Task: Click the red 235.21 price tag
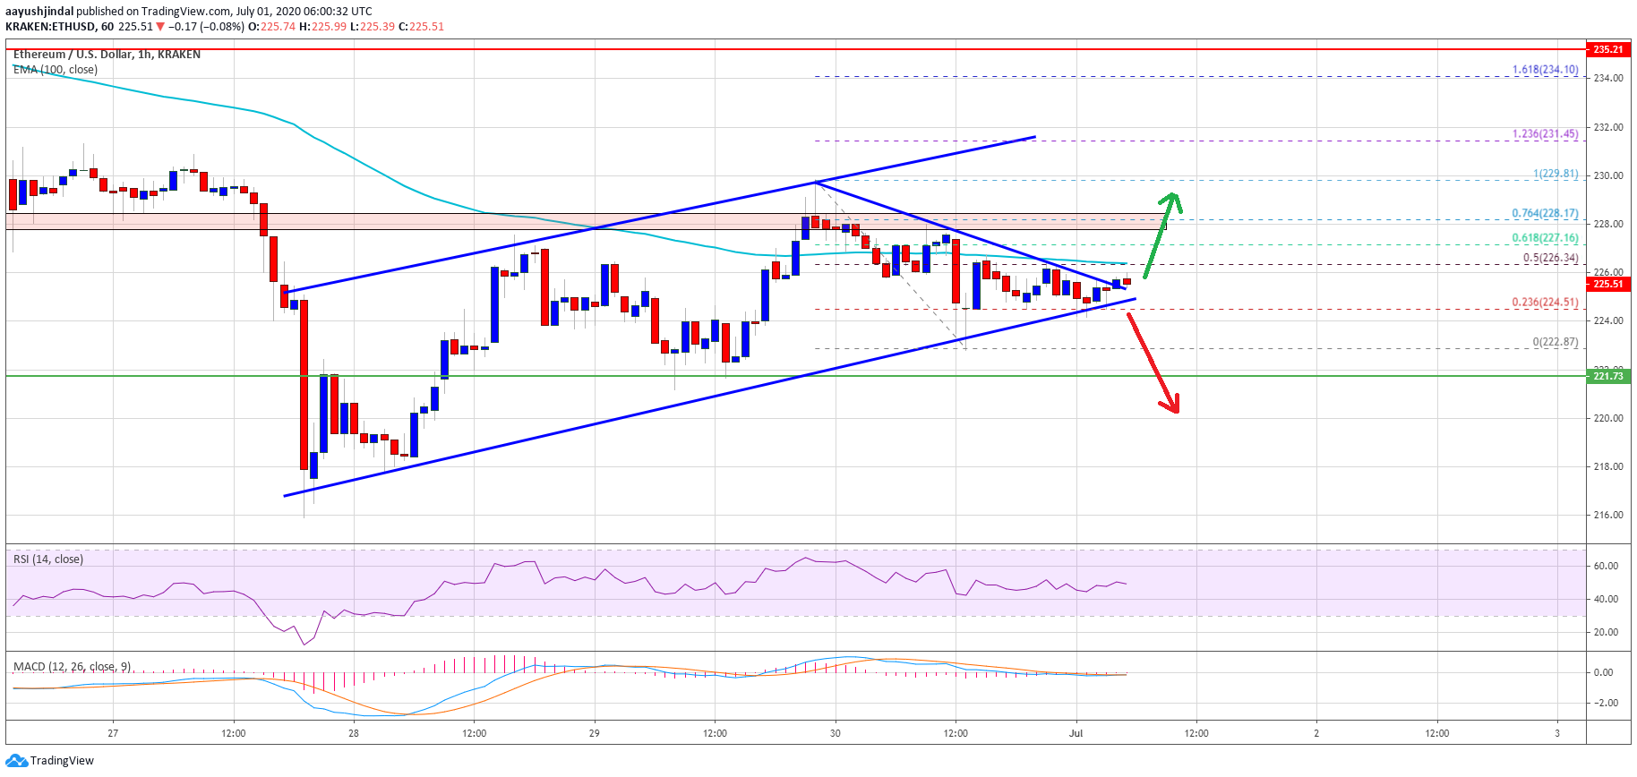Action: pos(1607,49)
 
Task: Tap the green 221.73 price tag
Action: pos(1607,376)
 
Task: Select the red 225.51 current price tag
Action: pos(1607,284)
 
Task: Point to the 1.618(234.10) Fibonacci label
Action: pos(1545,70)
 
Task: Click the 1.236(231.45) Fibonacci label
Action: pos(1545,134)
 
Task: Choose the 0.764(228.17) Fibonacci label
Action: pos(1545,214)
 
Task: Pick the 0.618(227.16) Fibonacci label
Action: pos(1545,238)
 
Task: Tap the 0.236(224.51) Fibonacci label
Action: pos(1545,303)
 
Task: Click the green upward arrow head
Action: pos(1172,201)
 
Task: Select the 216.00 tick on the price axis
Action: pos(1607,516)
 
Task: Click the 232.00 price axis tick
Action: pos(1607,127)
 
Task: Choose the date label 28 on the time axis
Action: pos(354,733)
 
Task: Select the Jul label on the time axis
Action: pos(1076,733)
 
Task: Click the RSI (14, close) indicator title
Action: pos(48,559)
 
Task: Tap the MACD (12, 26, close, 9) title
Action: pos(73,667)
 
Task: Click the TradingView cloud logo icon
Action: pos(17,761)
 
